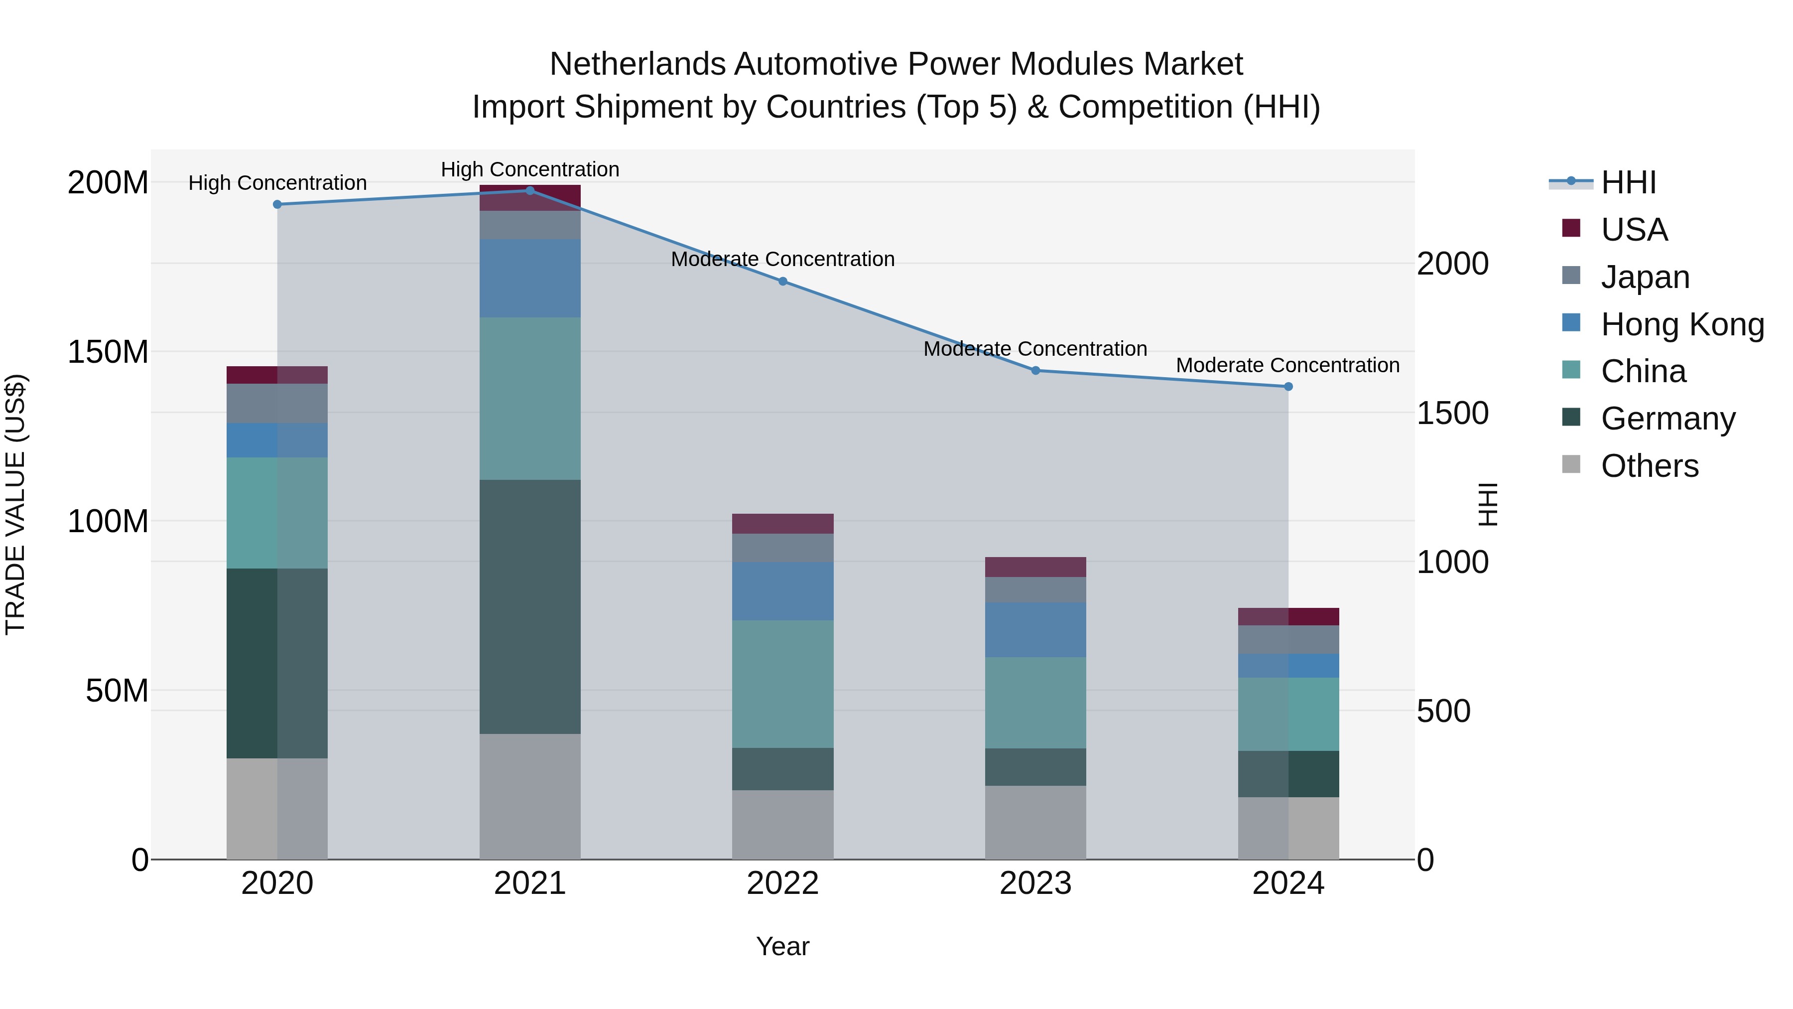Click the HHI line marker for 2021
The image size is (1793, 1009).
click(x=530, y=190)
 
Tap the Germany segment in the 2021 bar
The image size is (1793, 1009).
click(x=530, y=606)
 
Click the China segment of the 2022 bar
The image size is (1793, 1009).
click(x=782, y=684)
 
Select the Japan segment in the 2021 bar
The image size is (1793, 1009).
click(x=530, y=225)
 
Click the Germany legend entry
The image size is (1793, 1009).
click(x=1667, y=419)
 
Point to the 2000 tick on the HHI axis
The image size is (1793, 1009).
click(x=1453, y=264)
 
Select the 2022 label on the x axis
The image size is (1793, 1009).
click(x=782, y=883)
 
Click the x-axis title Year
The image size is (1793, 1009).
click(x=782, y=946)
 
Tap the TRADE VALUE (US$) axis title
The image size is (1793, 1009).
click(x=15, y=504)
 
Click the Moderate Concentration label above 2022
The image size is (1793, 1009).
click(x=782, y=259)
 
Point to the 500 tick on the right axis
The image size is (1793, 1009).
click(x=1443, y=711)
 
